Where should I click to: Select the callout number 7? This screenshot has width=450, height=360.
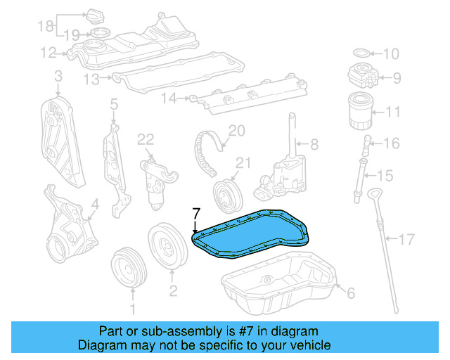(196, 212)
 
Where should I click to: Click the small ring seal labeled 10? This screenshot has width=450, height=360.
(359, 53)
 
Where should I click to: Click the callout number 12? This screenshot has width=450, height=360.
(48, 52)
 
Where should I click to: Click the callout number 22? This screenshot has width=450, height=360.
(146, 140)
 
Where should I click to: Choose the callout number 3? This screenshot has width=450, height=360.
(58, 75)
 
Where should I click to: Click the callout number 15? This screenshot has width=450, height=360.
(384, 175)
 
